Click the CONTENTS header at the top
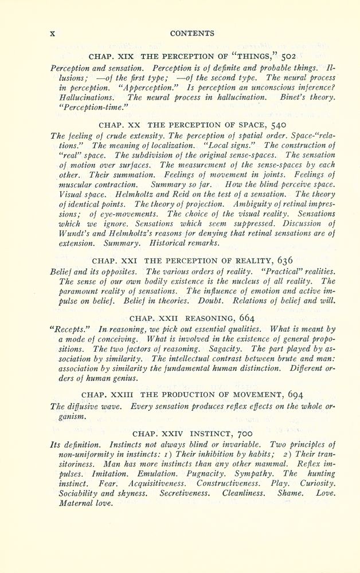(x=192, y=33)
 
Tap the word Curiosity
(x=315, y=484)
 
